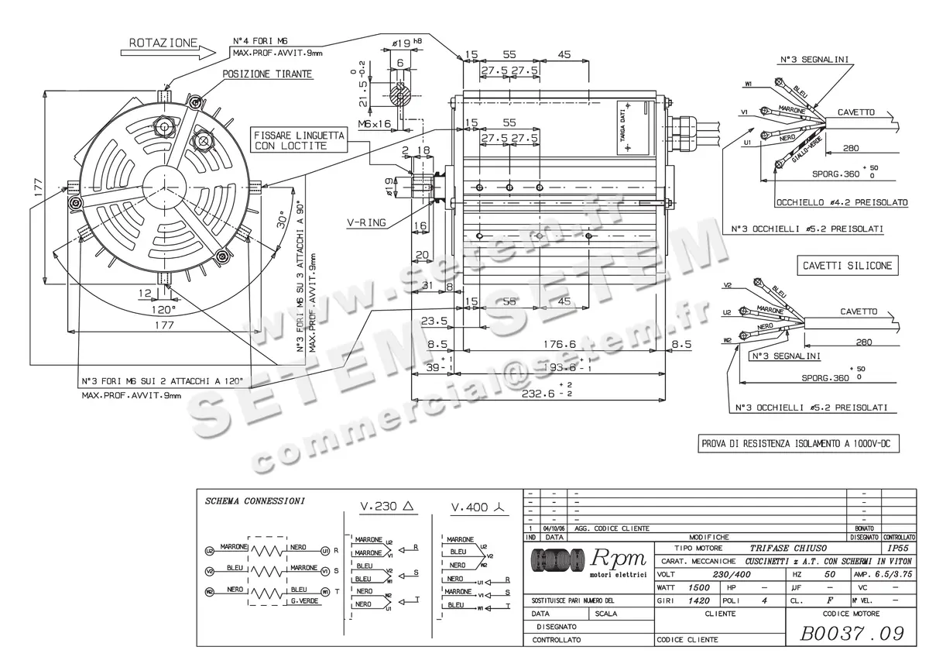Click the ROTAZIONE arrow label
tap(163, 43)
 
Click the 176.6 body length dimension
tap(560, 345)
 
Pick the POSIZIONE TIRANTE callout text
tap(267, 74)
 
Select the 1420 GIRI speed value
tap(700, 600)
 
